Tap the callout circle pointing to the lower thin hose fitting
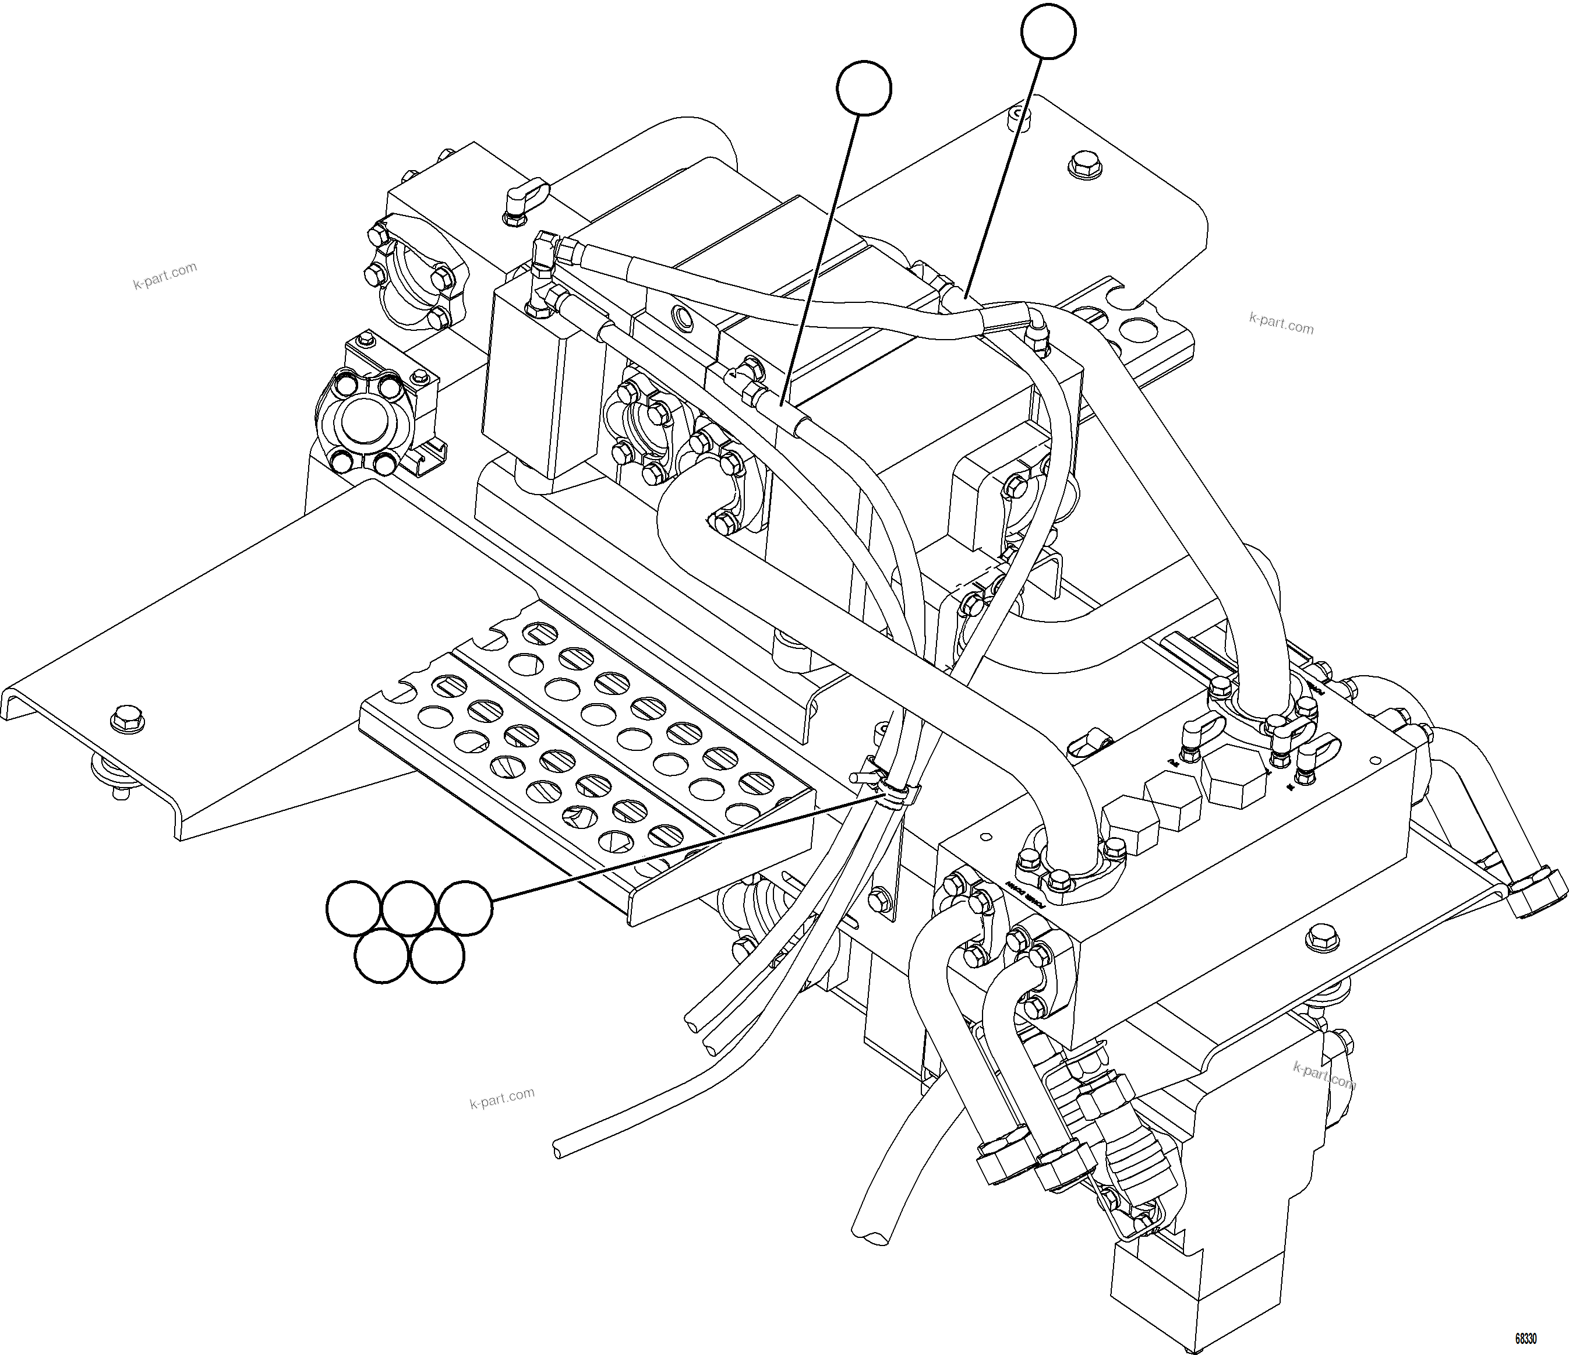coord(864,89)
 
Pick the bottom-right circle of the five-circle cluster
coord(437,957)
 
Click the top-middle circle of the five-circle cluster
coord(409,908)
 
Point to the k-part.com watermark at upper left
coord(165,277)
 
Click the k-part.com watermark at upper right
coord(1281,323)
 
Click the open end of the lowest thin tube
coord(559,1151)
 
